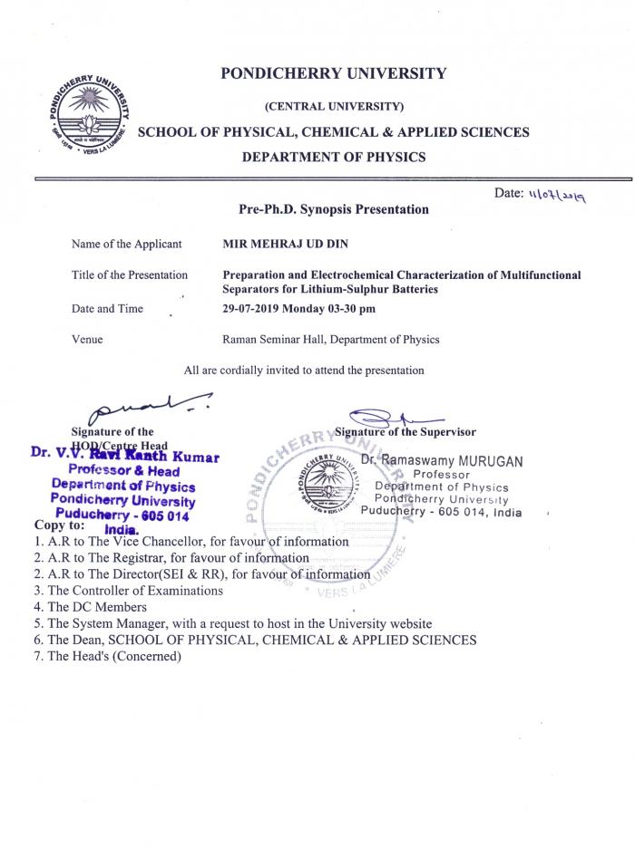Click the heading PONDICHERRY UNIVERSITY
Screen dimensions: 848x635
(x=333, y=73)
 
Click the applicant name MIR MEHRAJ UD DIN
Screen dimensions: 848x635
(x=284, y=244)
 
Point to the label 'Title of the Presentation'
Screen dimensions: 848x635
(x=130, y=275)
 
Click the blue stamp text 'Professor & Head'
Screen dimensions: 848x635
(x=123, y=471)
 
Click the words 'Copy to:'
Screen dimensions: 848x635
(x=60, y=525)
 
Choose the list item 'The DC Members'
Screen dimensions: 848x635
(x=97, y=607)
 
